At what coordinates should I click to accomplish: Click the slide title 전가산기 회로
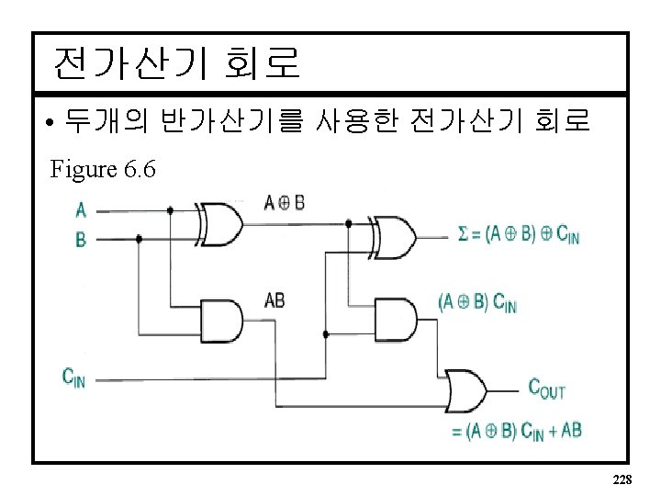176,62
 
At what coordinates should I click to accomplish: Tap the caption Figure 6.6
103,169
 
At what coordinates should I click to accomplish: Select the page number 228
621,480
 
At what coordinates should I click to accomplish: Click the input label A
81,210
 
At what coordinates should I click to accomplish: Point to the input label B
81,240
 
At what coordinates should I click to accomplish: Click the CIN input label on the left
73,377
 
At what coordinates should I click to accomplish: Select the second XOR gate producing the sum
393,236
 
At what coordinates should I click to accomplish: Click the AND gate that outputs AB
222,321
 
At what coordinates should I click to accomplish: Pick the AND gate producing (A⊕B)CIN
395,321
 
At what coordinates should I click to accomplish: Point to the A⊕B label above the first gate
284,202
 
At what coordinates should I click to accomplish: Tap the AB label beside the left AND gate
274,300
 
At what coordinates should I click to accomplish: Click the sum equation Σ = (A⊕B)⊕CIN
518,235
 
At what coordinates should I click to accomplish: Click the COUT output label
546,389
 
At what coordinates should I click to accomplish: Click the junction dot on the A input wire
171,210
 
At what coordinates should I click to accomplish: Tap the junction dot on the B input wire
139,239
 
